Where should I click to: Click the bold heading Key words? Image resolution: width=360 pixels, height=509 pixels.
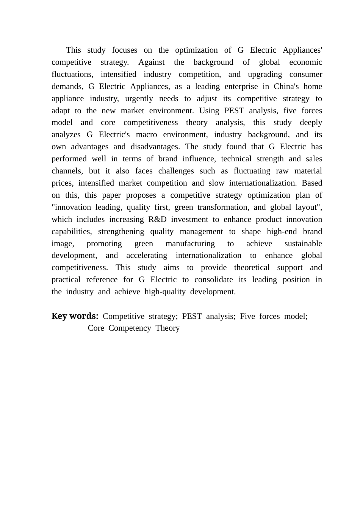click(x=75, y=316)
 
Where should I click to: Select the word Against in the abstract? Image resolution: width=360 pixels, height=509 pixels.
click(x=151, y=62)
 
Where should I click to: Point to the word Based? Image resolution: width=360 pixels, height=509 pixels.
click(x=312, y=183)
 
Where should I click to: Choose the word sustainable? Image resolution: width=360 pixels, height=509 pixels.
click(x=303, y=244)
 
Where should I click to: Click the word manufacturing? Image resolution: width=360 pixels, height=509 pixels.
click(x=190, y=244)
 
